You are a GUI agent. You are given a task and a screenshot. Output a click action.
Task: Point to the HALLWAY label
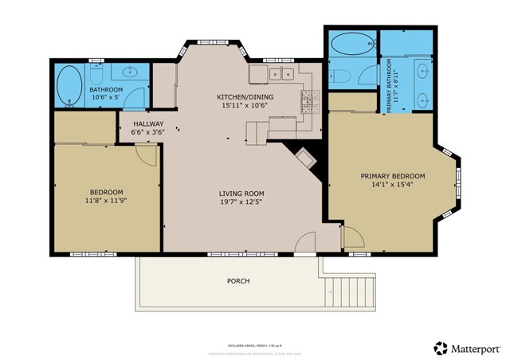(x=148, y=124)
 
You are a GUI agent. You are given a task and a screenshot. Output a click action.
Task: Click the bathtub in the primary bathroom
(x=351, y=44)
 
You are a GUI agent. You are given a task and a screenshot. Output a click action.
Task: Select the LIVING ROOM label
(x=241, y=194)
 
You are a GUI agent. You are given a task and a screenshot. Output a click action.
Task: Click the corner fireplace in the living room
(x=307, y=159)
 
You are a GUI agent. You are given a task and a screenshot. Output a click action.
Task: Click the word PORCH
(x=238, y=281)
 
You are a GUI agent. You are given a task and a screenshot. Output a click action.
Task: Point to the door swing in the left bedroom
(x=145, y=155)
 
